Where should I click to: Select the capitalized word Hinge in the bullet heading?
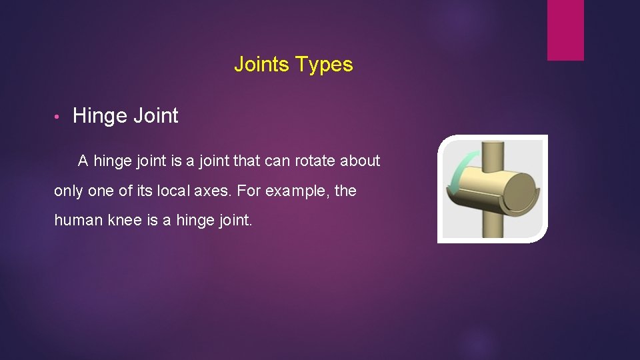100,116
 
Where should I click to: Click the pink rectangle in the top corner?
565,30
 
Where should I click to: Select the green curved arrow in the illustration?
456,176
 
